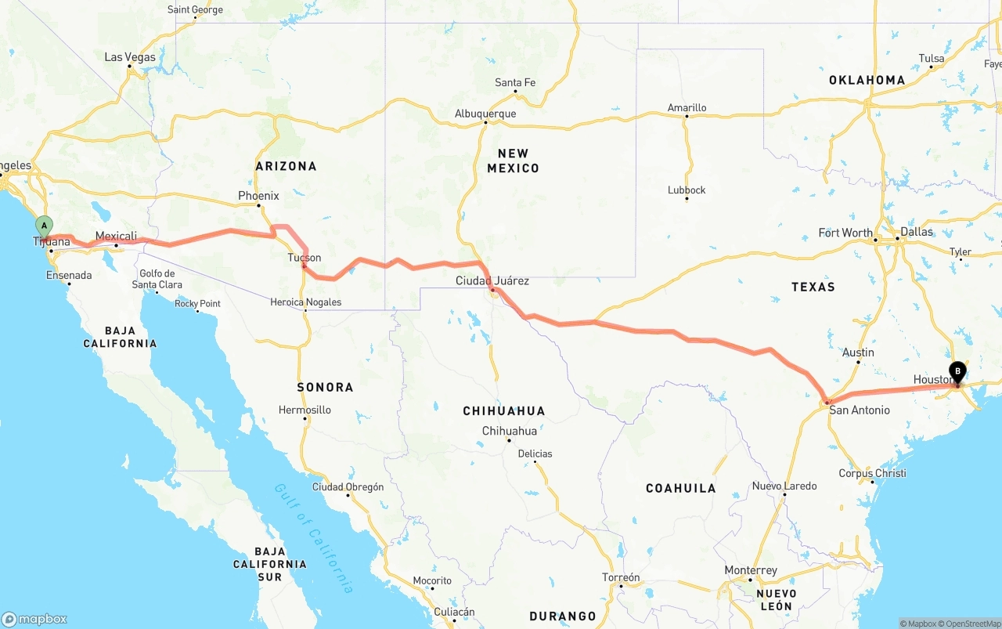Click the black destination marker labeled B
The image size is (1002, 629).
(957, 372)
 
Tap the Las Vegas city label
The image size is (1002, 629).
(130, 57)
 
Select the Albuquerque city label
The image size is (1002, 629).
(485, 114)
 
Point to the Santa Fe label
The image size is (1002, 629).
(515, 82)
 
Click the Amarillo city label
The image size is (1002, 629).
(687, 107)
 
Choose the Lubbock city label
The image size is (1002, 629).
(687, 190)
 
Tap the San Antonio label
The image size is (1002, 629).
(860, 410)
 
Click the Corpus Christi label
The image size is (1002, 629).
(872, 473)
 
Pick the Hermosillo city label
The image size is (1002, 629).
(305, 410)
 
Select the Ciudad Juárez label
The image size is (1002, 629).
(492, 280)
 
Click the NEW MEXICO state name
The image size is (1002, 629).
(513, 161)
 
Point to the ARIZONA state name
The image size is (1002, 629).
(286, 166)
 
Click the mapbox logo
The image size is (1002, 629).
(34, 619)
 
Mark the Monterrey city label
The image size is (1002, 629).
(751, 570)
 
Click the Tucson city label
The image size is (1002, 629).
(304, 257)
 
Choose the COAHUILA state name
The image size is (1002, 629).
(680, 488)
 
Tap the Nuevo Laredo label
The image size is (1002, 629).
(784, 486)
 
